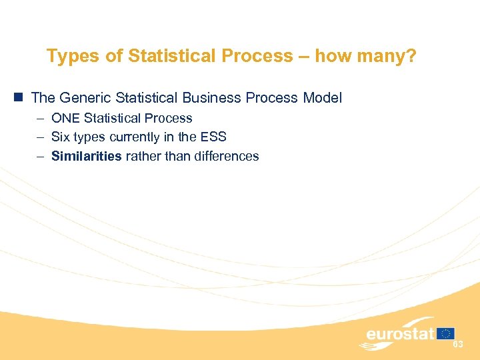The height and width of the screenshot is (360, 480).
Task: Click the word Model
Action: tap(322, 98)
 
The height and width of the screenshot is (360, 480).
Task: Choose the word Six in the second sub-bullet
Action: tap(61, 137)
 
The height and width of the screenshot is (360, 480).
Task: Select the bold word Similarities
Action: tap(87, 157)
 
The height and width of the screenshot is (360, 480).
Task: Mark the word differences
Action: tap(226, 157)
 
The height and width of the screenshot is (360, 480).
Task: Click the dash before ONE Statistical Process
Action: tap(41, 119)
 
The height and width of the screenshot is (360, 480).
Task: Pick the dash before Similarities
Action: tap(41, 157)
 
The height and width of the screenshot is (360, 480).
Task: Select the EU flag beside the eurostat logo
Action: tap(446, 333)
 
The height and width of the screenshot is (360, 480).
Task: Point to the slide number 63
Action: tap(458, 345)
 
